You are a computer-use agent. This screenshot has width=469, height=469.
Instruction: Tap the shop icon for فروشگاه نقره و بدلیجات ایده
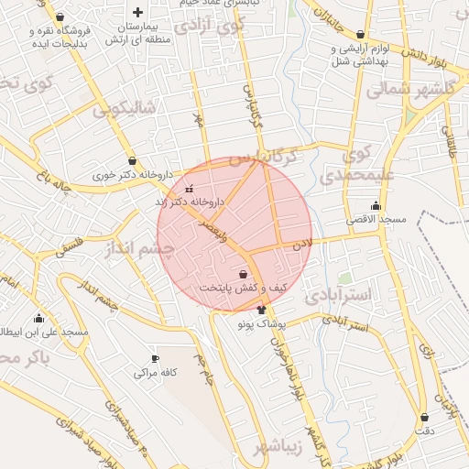pos(60,17)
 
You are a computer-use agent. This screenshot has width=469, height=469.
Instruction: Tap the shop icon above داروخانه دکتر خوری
pos(132,159)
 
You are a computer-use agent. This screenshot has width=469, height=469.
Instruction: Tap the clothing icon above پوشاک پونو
pos(262,310)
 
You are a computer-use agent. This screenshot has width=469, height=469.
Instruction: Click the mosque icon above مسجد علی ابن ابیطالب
pos(38,318)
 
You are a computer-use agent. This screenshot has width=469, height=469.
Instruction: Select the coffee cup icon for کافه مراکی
pos(154,358)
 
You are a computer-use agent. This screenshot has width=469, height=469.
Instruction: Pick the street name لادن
pos(302,245)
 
